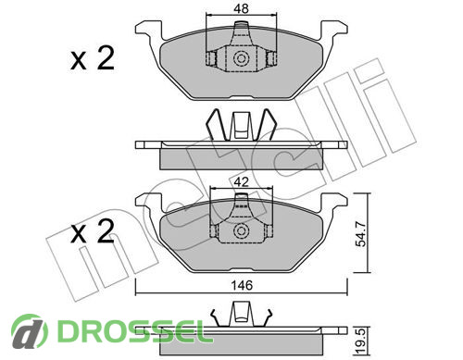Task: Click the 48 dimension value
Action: point(241,8)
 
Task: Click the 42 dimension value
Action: point(241,182)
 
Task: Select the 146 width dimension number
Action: point(242,285)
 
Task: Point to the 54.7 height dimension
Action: point(360,233)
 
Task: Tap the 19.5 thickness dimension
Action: point(360,341)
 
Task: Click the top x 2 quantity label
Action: point(93,58)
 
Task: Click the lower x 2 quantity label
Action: point(93,231)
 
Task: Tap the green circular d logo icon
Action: point(30,331)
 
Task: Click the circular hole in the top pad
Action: point(241,58)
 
